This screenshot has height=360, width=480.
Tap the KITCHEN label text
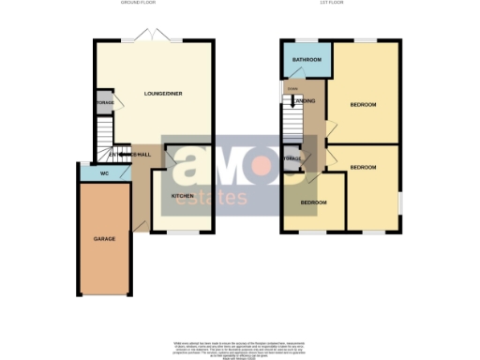click(182, 196)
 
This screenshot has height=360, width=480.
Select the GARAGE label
click(103, 239)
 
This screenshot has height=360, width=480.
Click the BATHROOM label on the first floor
click(307, 60)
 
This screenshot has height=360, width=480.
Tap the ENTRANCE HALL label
click(129, 154)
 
